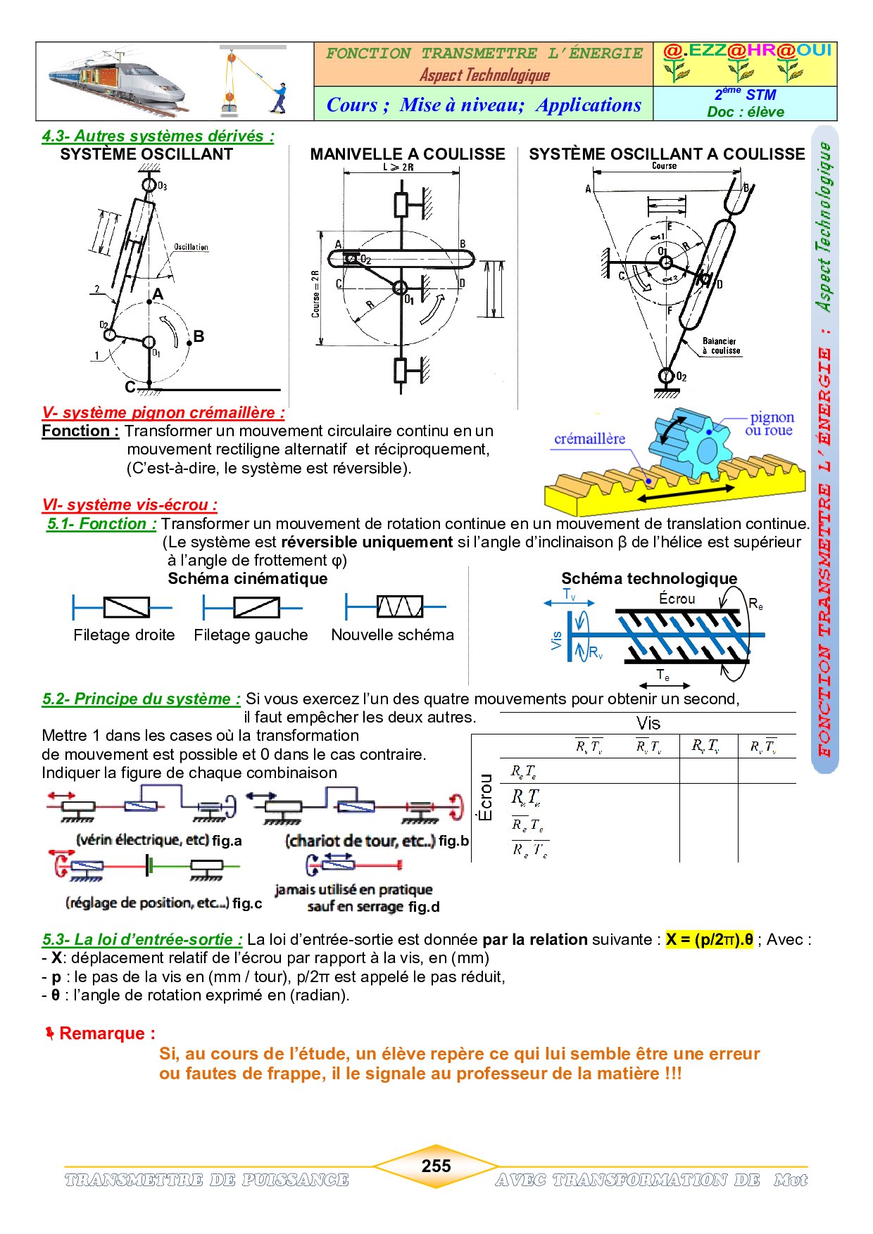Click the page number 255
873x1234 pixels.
pos(436,1166)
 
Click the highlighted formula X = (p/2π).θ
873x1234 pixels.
pos(709,939)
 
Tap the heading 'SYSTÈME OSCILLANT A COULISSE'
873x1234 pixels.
pos(666,154)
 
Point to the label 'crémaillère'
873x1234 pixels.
pos(589,439)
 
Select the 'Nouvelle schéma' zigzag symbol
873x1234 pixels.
pos(399,606)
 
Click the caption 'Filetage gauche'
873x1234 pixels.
pos(251,635)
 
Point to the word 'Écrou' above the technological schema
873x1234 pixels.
pos(677,599)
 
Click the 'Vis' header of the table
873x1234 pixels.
pos(648,723)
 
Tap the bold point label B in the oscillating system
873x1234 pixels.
pos(199,336)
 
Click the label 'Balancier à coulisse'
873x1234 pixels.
pos(720,345)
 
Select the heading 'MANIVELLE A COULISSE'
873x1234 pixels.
pos(408,154)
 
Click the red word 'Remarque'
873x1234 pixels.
pos(107,1033)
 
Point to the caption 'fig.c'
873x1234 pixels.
pos(247,903)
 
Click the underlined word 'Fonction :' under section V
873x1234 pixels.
pos(80,431)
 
